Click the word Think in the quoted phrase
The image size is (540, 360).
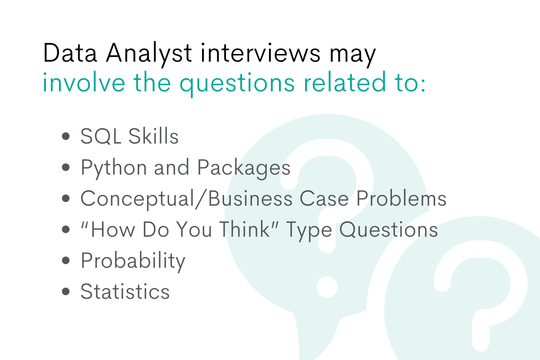[250, 229]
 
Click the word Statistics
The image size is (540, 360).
[125, 292]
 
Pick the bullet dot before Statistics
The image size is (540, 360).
[66, 292]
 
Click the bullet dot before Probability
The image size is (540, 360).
[66, 261]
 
